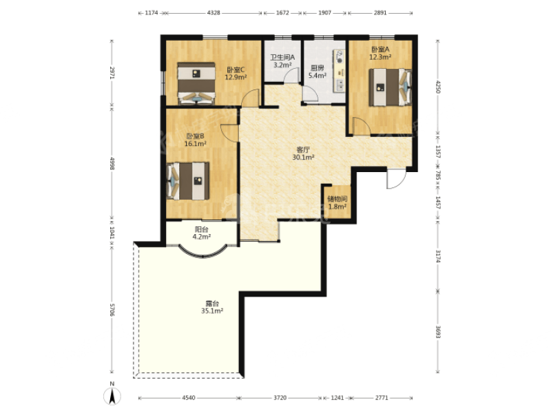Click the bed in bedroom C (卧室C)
click(196, 83)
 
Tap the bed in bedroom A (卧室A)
click(390, 87)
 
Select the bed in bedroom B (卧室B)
click(187, 180)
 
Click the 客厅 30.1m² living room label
click(303, 153)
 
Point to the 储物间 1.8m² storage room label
click(337, 202)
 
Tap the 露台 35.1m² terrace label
click(212, 307)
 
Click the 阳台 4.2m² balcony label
click(201, 233)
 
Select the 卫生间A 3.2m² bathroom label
click(282, 61)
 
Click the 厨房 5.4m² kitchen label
click(318, 72)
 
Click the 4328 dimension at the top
click(214, 12)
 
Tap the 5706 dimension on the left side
click(112, 310)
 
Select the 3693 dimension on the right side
click(438, 332)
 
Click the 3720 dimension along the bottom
click(280, 398)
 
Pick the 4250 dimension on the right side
click(438, 87)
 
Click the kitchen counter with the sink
click(340, 71)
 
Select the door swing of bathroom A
click(291, 76)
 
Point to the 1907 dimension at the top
click(324, 12)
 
